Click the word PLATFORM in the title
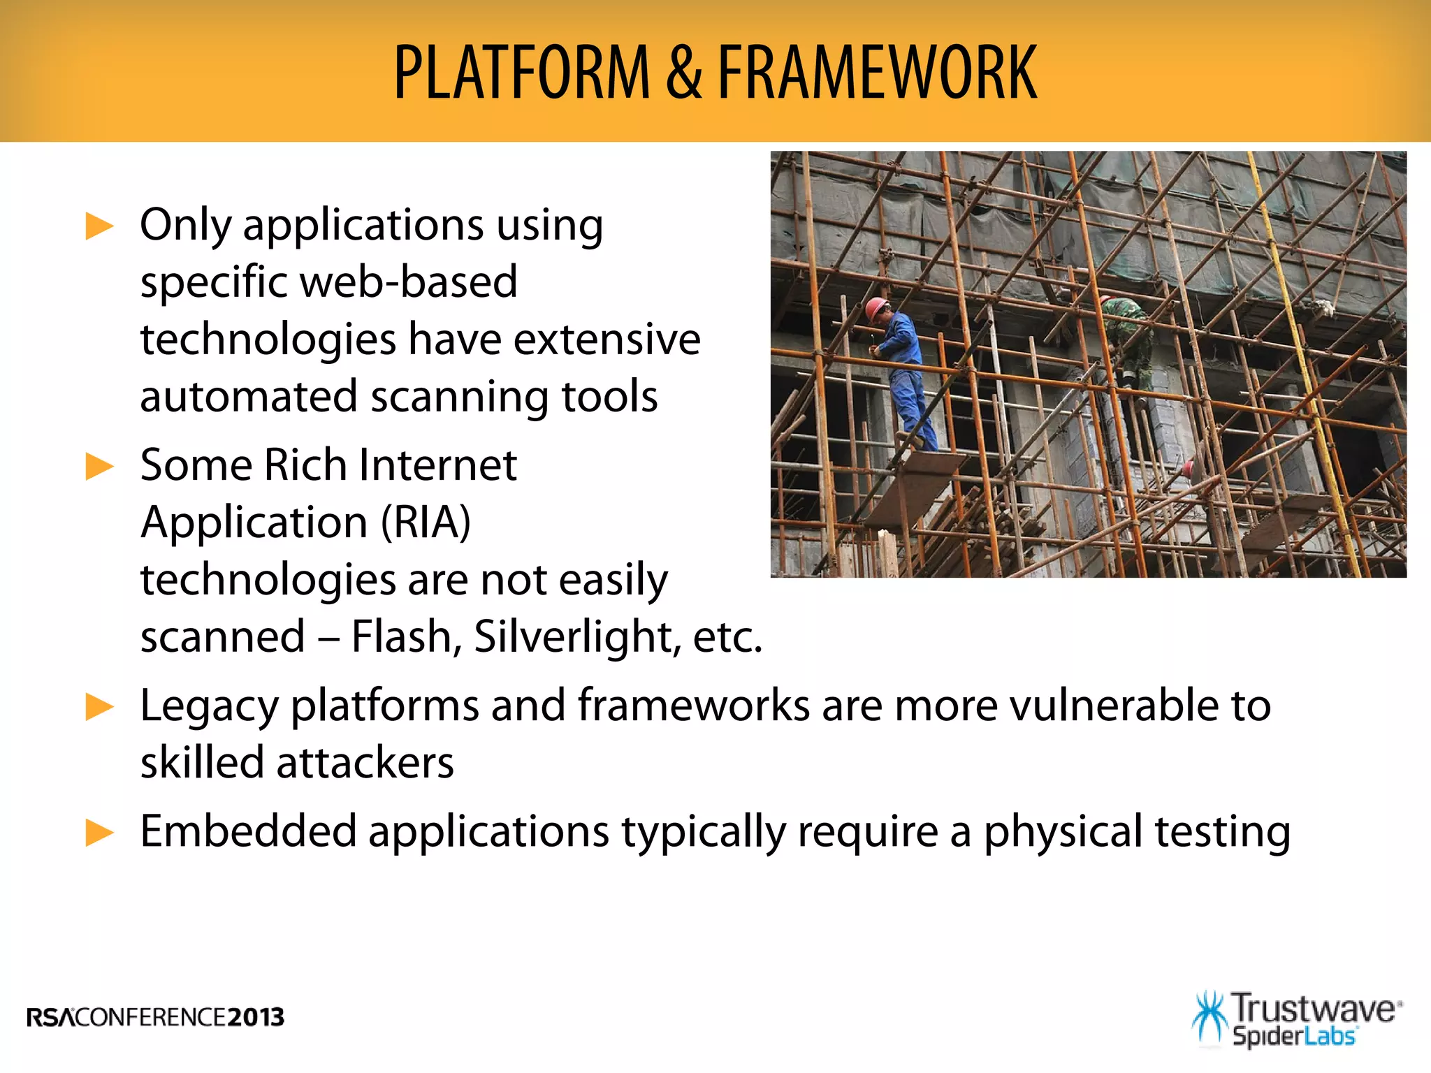(x=522, y=72)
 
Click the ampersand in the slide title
(x=683, y=72)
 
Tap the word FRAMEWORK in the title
(x=877, y=72)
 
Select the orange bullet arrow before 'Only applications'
(x=99, y=227)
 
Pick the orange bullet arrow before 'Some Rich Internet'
(x=99, y=467)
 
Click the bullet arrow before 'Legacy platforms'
(x=99, y=707)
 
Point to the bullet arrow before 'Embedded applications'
(x=99, y=833)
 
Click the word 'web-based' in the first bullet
(x=409, y=282)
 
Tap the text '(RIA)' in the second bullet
(x=426, y=523)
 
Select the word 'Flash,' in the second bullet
(x=406, y=637)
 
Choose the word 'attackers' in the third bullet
(x=365, y=763)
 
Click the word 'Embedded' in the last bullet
(x=248, y=831)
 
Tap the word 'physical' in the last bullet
(x=1063, y=833)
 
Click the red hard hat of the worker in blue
(x=876, y=307)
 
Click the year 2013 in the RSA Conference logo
(x=256, y=1017)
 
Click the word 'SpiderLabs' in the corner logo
(x=1294, y=1036)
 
